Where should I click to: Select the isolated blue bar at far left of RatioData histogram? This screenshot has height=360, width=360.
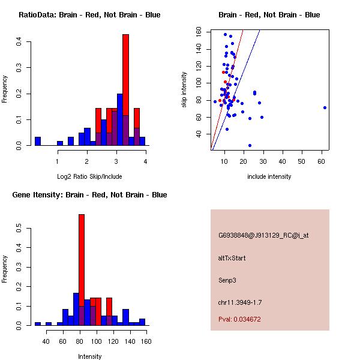pos(38,142)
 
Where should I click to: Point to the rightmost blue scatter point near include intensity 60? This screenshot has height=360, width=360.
pos(325,107)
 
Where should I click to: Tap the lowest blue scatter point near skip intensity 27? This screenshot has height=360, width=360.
pos(250,145)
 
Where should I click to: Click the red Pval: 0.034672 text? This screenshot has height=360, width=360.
pos(239,320)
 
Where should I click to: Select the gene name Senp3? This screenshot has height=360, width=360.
pos(228,280)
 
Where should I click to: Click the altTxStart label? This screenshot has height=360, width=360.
pos(232,258)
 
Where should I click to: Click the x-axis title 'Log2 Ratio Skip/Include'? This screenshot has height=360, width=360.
pos(89,176)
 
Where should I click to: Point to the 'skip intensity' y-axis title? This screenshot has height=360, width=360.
pos(185,90)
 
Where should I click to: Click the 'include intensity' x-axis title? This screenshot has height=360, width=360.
pos(269,176)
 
